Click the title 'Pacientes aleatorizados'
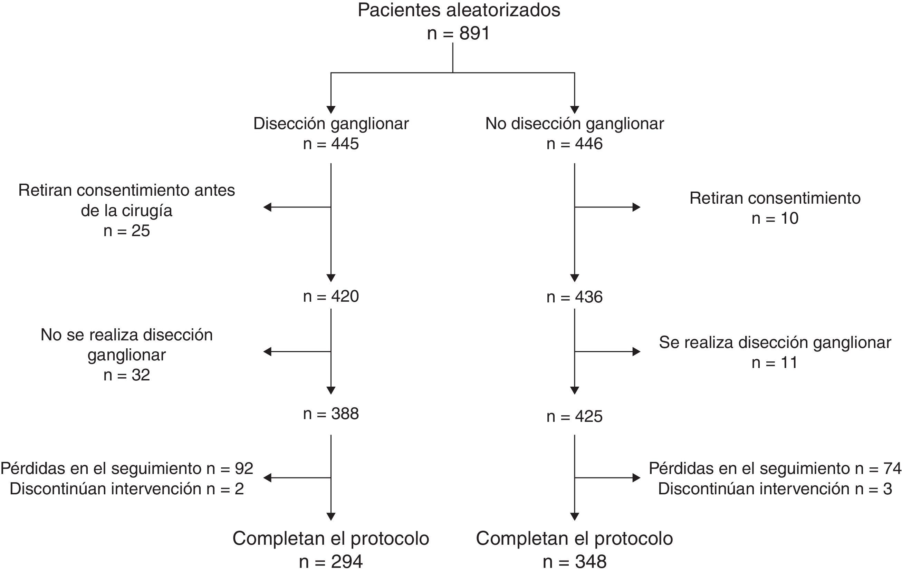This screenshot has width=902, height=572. (x=459, y=10)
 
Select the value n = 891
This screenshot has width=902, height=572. (x=459, y=34)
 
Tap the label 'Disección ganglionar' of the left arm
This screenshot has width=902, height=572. (x=331, y=124)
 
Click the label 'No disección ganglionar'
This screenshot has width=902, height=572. (x=574, y=124)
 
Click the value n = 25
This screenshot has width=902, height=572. (x=127, y=231)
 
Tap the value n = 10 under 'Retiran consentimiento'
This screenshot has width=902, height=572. (x=775, y=219)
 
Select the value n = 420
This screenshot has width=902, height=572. (x=331, y=297)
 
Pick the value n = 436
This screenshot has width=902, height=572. (x=574, y=297)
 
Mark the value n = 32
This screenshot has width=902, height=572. (x=127, y=375)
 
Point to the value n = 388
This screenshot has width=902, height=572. (x=331, y=414)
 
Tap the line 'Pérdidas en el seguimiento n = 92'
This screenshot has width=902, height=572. (x=127, y=469)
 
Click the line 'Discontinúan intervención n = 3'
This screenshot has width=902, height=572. (x=775, y=489)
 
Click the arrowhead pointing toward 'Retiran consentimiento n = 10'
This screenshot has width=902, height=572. (x=636, y=207)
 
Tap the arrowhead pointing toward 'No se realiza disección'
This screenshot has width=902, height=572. (x=267, y=351)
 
